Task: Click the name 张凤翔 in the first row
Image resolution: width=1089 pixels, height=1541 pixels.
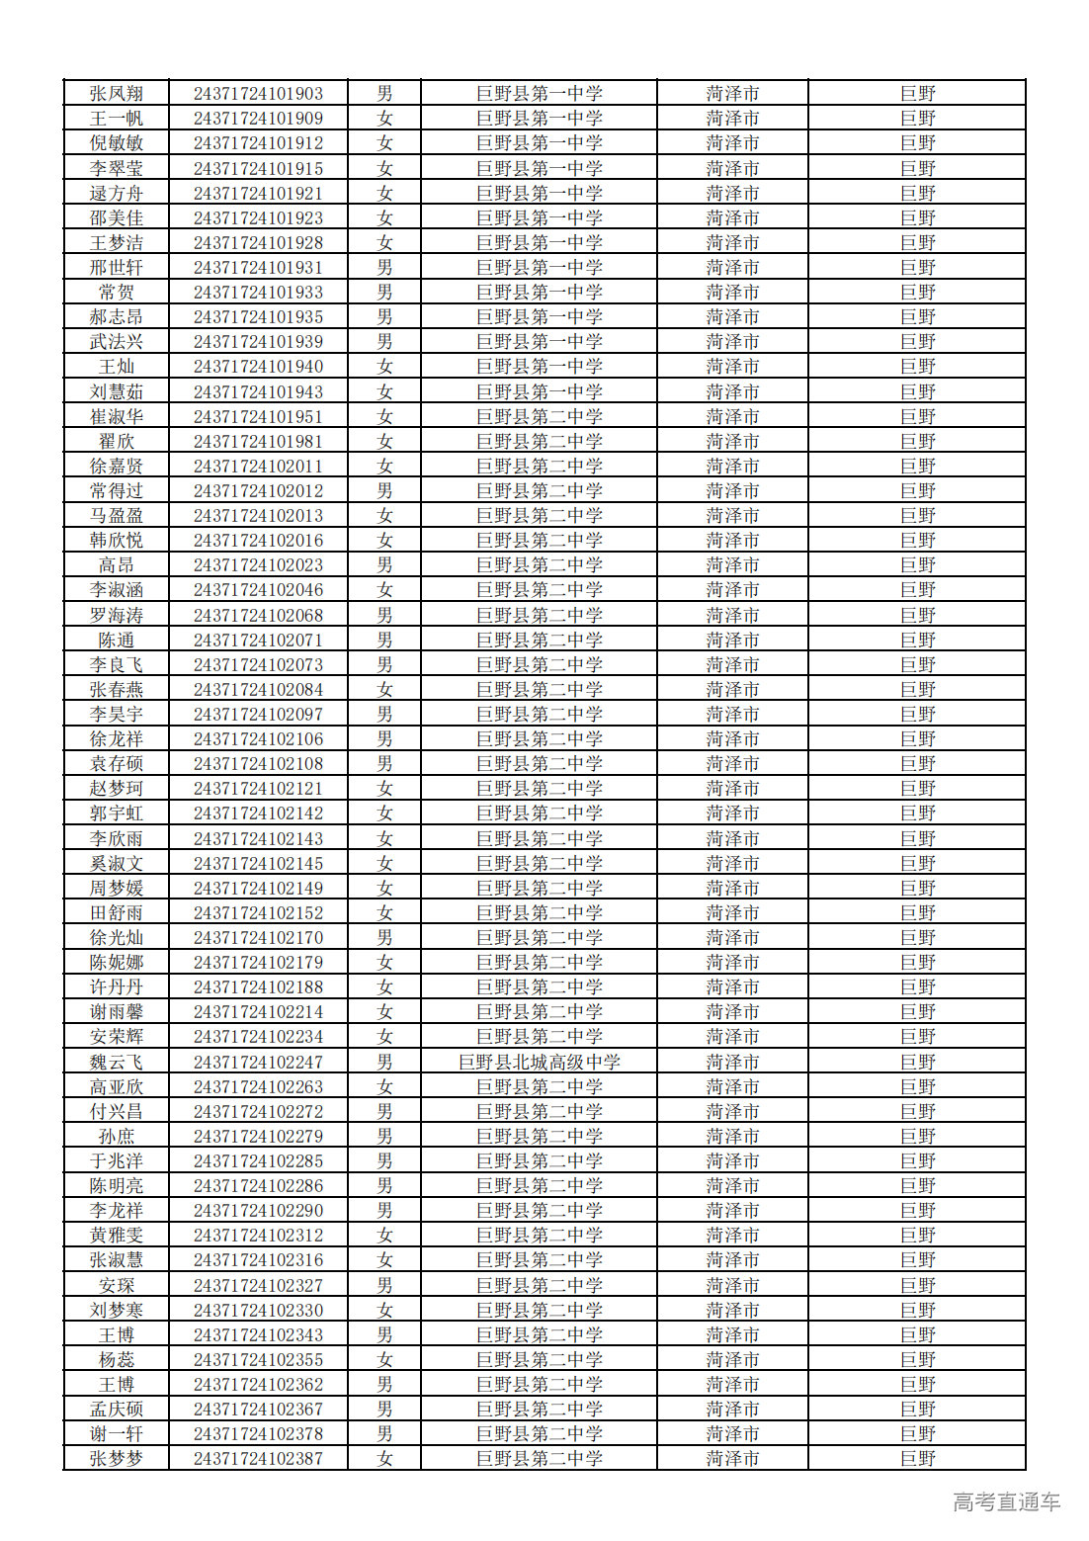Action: (x=117, y=94)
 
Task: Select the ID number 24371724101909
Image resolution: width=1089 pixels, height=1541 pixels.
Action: (x=258, y=119)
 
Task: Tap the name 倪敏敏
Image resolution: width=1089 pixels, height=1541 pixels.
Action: (x=117, y=143)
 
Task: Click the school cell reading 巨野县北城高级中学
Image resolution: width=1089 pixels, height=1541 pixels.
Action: (x=539, y=1063)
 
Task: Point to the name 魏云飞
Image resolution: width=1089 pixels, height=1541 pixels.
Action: (x=117, y=1063)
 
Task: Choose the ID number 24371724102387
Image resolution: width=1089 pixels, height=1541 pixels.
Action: (x=258, y=1459)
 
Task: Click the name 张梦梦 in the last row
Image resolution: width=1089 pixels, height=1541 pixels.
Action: (x=117, y=1459)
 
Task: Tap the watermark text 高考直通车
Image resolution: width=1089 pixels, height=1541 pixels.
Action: (x=1006, y=1502)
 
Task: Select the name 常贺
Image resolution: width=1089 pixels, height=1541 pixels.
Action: (x=117, y=293)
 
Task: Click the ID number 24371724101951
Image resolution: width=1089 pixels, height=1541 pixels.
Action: (x=258, y=417)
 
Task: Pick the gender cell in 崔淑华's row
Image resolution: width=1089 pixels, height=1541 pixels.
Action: (x=384, y=417)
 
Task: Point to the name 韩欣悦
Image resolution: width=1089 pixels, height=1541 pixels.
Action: (x=117, y=541)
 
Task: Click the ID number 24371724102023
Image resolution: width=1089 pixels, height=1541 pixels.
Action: (x=258, y=565)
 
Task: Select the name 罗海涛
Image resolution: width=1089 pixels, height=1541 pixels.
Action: (x=117, y=616)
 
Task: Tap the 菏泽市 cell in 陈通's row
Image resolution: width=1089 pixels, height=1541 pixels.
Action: (x=732, y=641)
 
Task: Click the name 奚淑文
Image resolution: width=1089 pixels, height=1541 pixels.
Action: (x=117, y=864)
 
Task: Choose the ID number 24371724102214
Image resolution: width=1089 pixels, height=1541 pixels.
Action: (x=258, y=1012)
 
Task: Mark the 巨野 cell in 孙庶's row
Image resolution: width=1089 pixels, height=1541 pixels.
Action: (x=917, y=1137)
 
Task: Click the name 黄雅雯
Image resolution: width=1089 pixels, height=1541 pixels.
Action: (x=117, y=1236)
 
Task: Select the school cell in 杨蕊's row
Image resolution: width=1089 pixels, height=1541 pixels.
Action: (x=539, y=1360)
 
